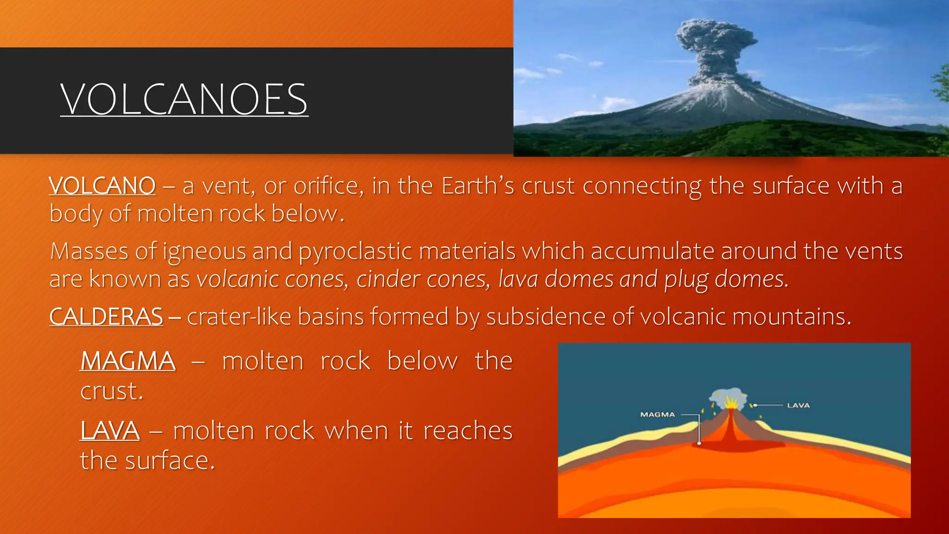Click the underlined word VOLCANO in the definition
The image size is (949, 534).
[102, 186]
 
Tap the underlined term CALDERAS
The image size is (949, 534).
[106, 317]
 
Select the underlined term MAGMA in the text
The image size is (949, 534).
[128, 361]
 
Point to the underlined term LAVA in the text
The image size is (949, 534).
[110, 430]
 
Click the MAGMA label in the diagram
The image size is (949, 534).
[657, 414]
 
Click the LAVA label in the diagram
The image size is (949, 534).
[798, 405]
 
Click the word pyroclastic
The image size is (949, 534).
[355, 252]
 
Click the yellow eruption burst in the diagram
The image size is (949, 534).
[731, 401]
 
